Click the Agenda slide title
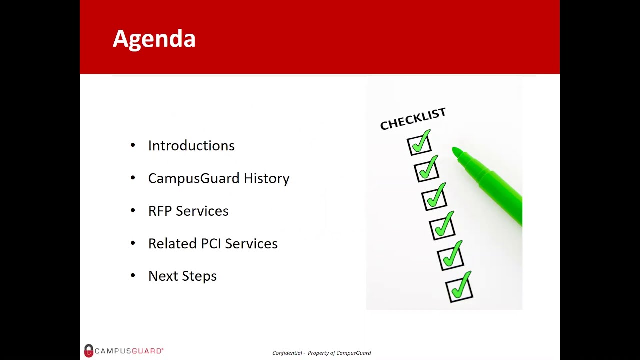point(154,39)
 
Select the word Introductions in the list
point(191,146)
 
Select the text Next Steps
point(182,276)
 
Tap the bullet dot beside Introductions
point(133,145)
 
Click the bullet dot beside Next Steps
point(133,275)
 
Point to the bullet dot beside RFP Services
point(133,210)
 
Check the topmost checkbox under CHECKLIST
point(419,144)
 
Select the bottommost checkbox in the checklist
point(459,289)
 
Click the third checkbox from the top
point(434,199)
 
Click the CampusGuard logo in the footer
point(124,351)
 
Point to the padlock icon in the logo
point(89,351)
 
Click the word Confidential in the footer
point(287,353)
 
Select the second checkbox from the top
point(426,170)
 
